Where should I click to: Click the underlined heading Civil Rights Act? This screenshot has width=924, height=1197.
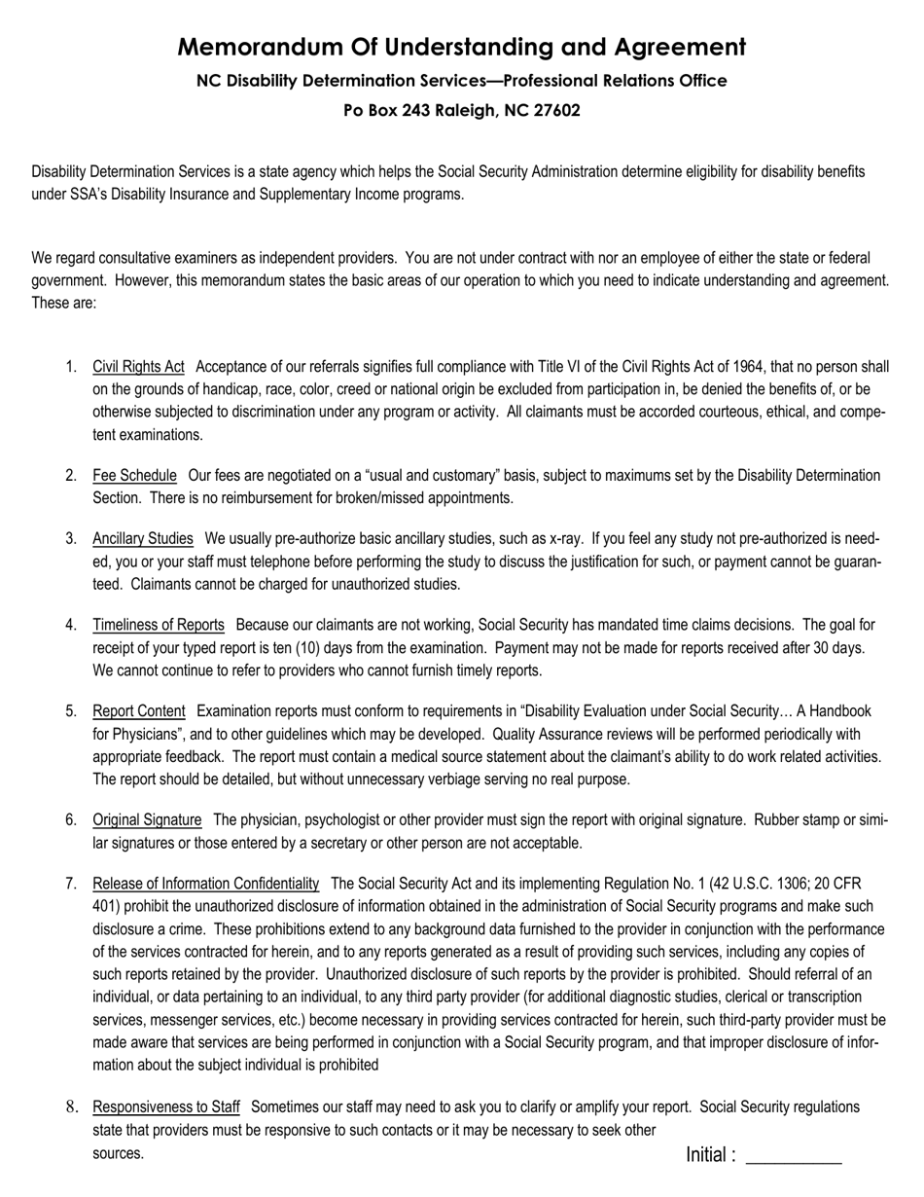click(138, 367)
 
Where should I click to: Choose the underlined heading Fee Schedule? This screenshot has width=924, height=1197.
click(134, 475)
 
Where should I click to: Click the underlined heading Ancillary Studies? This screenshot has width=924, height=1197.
click(143, 538)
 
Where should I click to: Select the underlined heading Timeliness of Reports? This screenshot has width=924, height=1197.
click(159, 624)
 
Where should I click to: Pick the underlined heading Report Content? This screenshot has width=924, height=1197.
click(138, 710)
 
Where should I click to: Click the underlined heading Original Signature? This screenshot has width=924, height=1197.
click(147, 819)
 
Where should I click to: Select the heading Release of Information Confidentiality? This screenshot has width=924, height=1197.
click(205, 883)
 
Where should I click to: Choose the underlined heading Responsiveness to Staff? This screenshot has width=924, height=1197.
click(165, 1106)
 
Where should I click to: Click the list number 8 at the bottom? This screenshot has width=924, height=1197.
click(71, 1106)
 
